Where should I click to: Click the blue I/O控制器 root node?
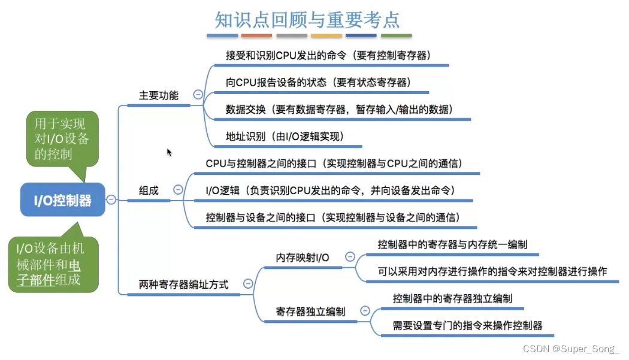click(x=62, y=200)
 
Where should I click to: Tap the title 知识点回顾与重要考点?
click(x=307, y=20)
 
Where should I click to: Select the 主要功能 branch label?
click(x=159, y=95)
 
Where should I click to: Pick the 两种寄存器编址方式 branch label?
click(x=183, y=285)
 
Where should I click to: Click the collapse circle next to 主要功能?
click(x=198, y=94)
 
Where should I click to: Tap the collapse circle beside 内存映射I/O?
click(x=349, y=257)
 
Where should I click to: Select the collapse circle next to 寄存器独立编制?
click(x=365, y=311)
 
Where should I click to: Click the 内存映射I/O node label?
click(x=303, y=258)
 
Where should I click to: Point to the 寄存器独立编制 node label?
click(x=310, y=311)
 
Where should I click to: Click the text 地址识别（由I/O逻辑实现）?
click(x=285, y=136)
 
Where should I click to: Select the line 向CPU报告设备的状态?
click(x=318, y=82)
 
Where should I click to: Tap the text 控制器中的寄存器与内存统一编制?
click(x=452, y=244)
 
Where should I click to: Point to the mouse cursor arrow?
click(x=170, y=152)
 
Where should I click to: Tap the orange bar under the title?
click(x=256, y=37)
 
